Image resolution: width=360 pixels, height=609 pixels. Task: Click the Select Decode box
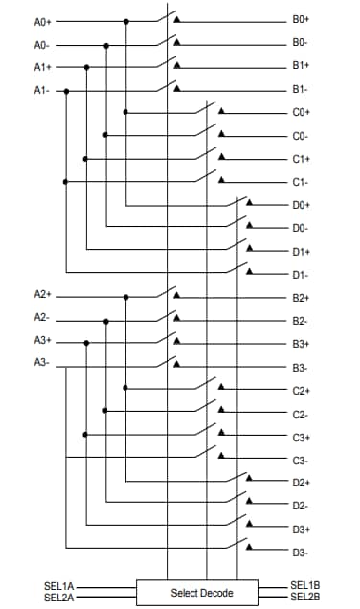[x=202, y=592]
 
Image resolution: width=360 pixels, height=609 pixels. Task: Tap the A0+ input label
[x=42, y=21]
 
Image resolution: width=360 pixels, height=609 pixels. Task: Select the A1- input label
[x=41, y=90]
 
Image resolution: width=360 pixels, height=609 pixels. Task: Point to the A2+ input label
[x=42, y=294]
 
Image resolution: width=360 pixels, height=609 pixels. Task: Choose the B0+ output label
[x=301, y=20]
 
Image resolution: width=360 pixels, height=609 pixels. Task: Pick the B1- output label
[x=300, y=89]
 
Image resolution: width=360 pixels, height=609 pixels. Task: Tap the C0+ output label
[x=302, y=112]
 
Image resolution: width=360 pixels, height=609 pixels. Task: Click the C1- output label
[x=301, y=181]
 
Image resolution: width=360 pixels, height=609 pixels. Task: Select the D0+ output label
[x=302, y=205]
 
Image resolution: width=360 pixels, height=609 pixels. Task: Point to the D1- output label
[x=301, y=275]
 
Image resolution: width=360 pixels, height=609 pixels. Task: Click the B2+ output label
[x=301, y=298]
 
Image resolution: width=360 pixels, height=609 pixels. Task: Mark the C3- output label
[x=301, y=461]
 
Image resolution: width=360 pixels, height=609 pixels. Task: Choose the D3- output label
[x=301, y=553]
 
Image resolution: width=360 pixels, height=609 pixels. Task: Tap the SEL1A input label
[x=59, y=585]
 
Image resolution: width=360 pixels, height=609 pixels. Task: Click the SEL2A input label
[x=59, y=597]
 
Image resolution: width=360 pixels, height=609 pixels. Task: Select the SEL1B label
[x=305, y=585]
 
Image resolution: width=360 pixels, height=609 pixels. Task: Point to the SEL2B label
[x=305, y=597]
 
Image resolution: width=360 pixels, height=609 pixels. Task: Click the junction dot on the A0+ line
[x=125, y=21]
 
